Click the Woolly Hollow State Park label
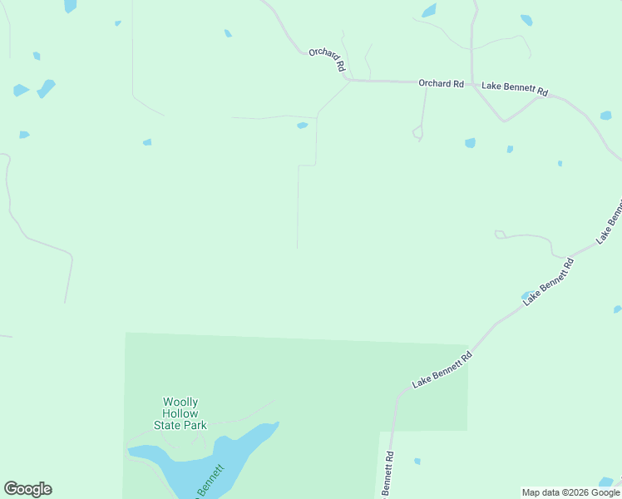tap(180, 413)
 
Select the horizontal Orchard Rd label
tap(441, 83)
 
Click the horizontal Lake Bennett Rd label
tap(515, 90)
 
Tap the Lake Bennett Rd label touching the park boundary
tap(442, 370)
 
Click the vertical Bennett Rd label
tap(388, 474)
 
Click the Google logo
tap(27, 489)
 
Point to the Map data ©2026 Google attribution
tap(571, 492)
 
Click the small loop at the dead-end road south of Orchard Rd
tap(418, 131)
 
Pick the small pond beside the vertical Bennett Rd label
tap(417, 461)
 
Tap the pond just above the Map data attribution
tap(605, 482)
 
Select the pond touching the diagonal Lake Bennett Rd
tap(527, 295)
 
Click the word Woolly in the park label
tap(180, 403)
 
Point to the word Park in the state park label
tap(195, 425)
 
